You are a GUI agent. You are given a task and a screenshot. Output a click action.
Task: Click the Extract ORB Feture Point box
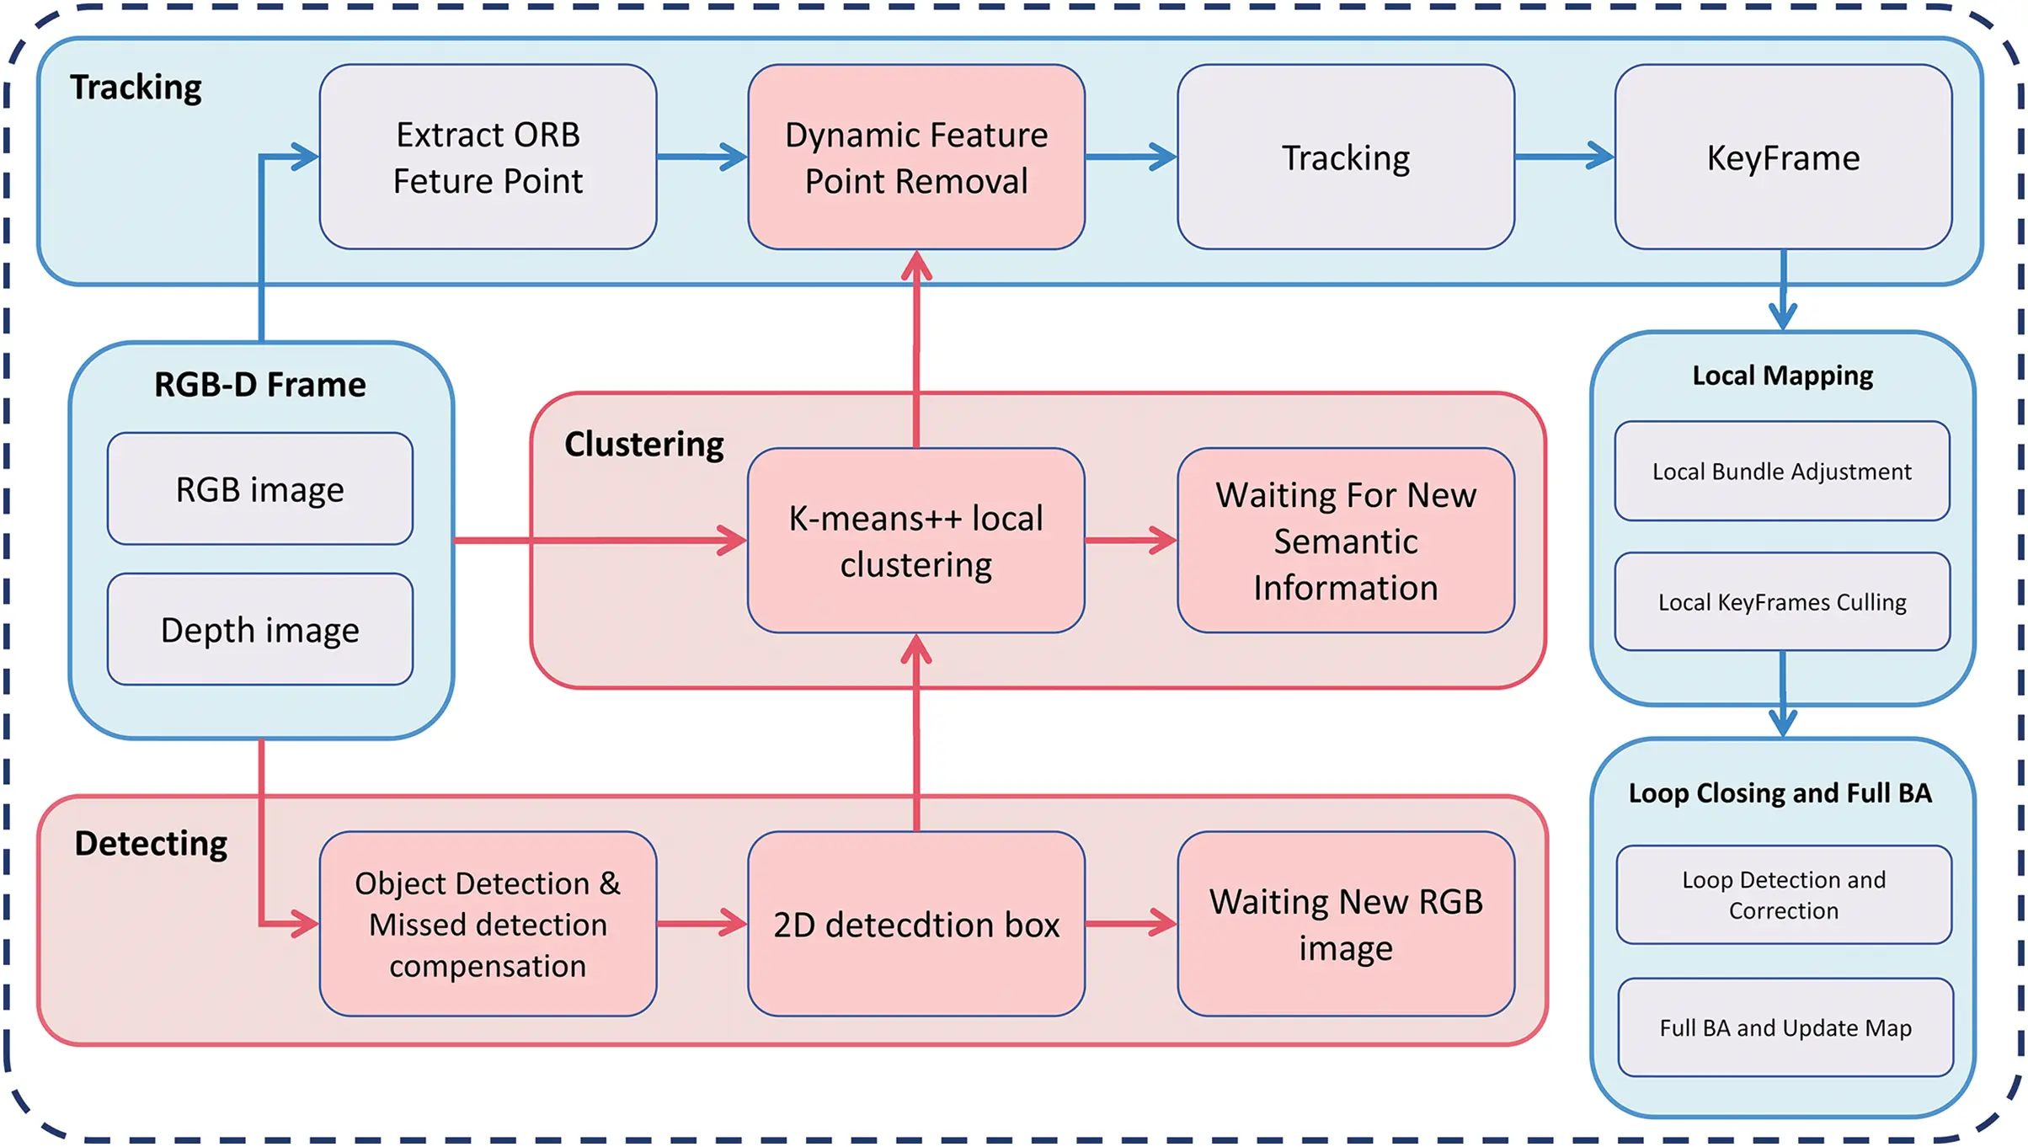[x=488, y=157]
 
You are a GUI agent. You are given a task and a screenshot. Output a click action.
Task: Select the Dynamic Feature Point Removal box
[x=916, y=157]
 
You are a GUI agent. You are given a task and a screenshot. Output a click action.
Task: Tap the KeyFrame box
[x=1783, y=157]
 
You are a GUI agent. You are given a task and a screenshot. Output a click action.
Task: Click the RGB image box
[x=259, y=489]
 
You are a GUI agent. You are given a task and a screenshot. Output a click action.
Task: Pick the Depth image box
[x=259, y=630]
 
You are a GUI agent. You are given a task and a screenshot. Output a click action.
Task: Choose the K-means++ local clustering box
[x=915, y=541]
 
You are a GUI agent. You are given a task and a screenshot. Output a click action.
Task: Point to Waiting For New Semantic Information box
[x=1345, y=541]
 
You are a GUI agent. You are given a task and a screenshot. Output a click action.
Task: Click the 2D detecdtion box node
[x=915, y=925]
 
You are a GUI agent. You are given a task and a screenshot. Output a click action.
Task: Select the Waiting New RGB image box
[x=1345, y=925]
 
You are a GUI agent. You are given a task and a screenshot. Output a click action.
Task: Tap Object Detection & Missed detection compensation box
[x=488, y=925]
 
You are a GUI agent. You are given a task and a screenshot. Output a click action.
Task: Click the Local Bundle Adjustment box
[x=1781, y=472]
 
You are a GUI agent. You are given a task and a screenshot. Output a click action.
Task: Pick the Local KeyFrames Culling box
[x=1781, y=602]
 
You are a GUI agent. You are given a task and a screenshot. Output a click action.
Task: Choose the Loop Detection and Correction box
[x=1783, y=895]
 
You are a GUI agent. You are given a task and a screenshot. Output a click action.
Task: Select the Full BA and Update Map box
[x=1785, y=1028]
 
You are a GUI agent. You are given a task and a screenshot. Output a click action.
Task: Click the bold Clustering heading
[x=643, y=445]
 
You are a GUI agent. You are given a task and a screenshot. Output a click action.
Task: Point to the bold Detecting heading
[x=151, y=844]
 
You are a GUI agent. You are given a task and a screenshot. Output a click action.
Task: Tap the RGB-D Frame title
[x=259, y=385]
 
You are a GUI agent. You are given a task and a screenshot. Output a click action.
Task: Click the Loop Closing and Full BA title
[x=1780, y=793]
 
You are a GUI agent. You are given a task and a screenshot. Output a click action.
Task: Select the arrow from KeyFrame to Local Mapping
[x=1783, y=291]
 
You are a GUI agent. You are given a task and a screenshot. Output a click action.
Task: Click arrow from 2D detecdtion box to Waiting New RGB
[x=1130, y=924]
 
